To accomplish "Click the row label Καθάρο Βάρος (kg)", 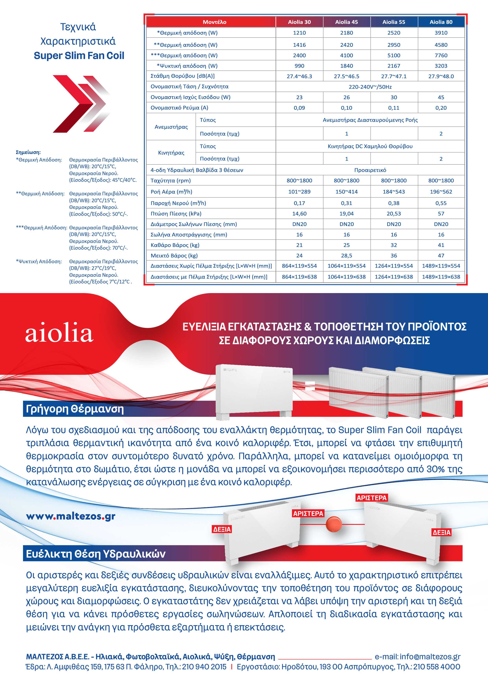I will pyautogui.click(x=175, y=245).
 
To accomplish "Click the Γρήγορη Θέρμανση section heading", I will pyautogui.click(x=75, y=409).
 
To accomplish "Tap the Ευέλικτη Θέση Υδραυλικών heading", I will pyautogui.click(x=96, y=553).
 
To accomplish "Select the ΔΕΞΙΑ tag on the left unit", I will pyautogui.click(x=222, y=529).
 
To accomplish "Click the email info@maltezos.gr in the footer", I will pyautogui.click(x=417, y=657).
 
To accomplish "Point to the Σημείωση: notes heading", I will pyautogui.click(x=28, y=152).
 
